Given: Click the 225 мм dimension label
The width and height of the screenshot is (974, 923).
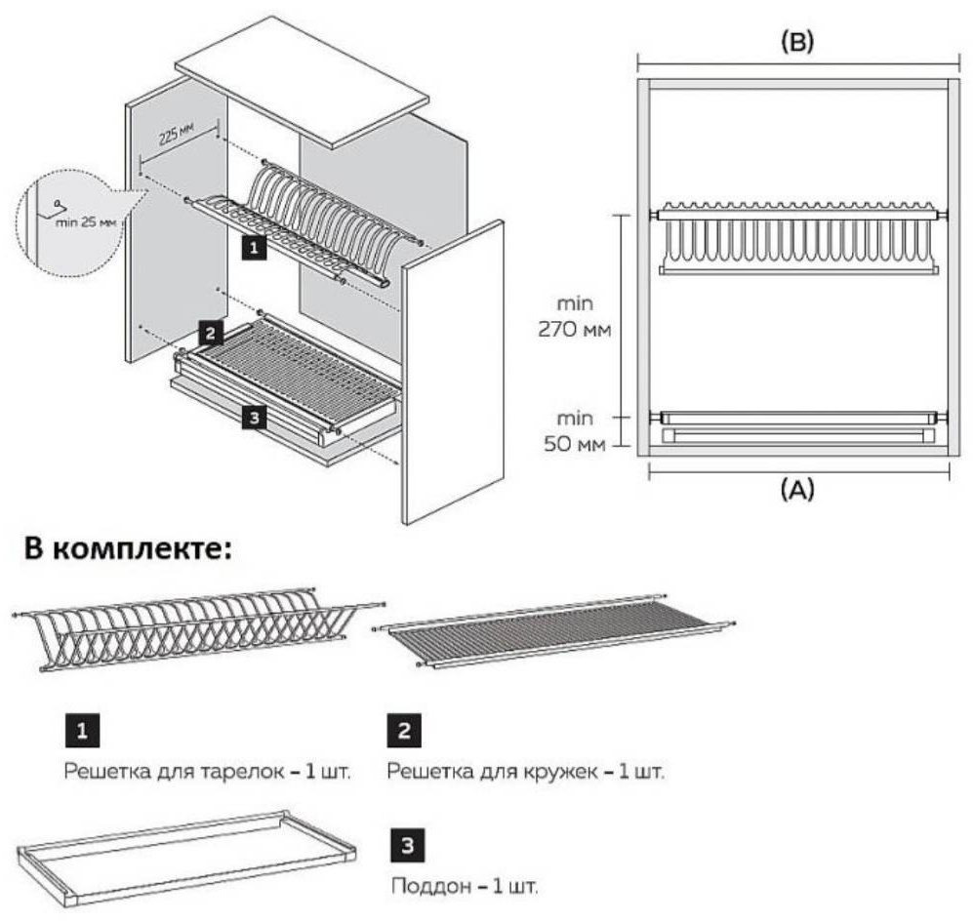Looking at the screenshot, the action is point(177,134).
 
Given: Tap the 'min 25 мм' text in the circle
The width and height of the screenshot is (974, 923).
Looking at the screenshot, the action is point(86,221).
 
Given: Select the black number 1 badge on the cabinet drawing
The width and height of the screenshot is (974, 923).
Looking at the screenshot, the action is point(254,247).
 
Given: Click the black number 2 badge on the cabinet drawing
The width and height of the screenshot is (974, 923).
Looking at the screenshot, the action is point(211,333).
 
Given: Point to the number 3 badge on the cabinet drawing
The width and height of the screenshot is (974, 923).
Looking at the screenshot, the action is point(254,418).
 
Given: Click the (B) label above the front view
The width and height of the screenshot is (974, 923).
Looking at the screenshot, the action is point(797,41).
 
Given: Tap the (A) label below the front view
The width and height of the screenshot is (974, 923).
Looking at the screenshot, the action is point(797,490).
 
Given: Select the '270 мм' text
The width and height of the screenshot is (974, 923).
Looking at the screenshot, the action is point(575,329).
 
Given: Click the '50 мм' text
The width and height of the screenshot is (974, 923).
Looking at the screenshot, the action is point(575,445).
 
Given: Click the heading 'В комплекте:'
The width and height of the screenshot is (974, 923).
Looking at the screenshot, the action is point(128,550).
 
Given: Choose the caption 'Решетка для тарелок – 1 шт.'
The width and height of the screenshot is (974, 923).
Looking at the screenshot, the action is point(208,772).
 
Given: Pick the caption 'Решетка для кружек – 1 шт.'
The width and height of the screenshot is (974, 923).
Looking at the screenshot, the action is point(525,772).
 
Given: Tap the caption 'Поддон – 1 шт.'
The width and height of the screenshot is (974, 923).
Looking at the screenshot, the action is point(465,886).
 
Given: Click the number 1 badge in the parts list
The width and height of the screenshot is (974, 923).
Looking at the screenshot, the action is point(83,731).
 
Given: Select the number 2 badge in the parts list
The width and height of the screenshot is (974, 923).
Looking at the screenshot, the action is point(404,731).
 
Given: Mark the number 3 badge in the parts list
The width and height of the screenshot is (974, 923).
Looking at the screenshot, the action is point(408,845).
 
